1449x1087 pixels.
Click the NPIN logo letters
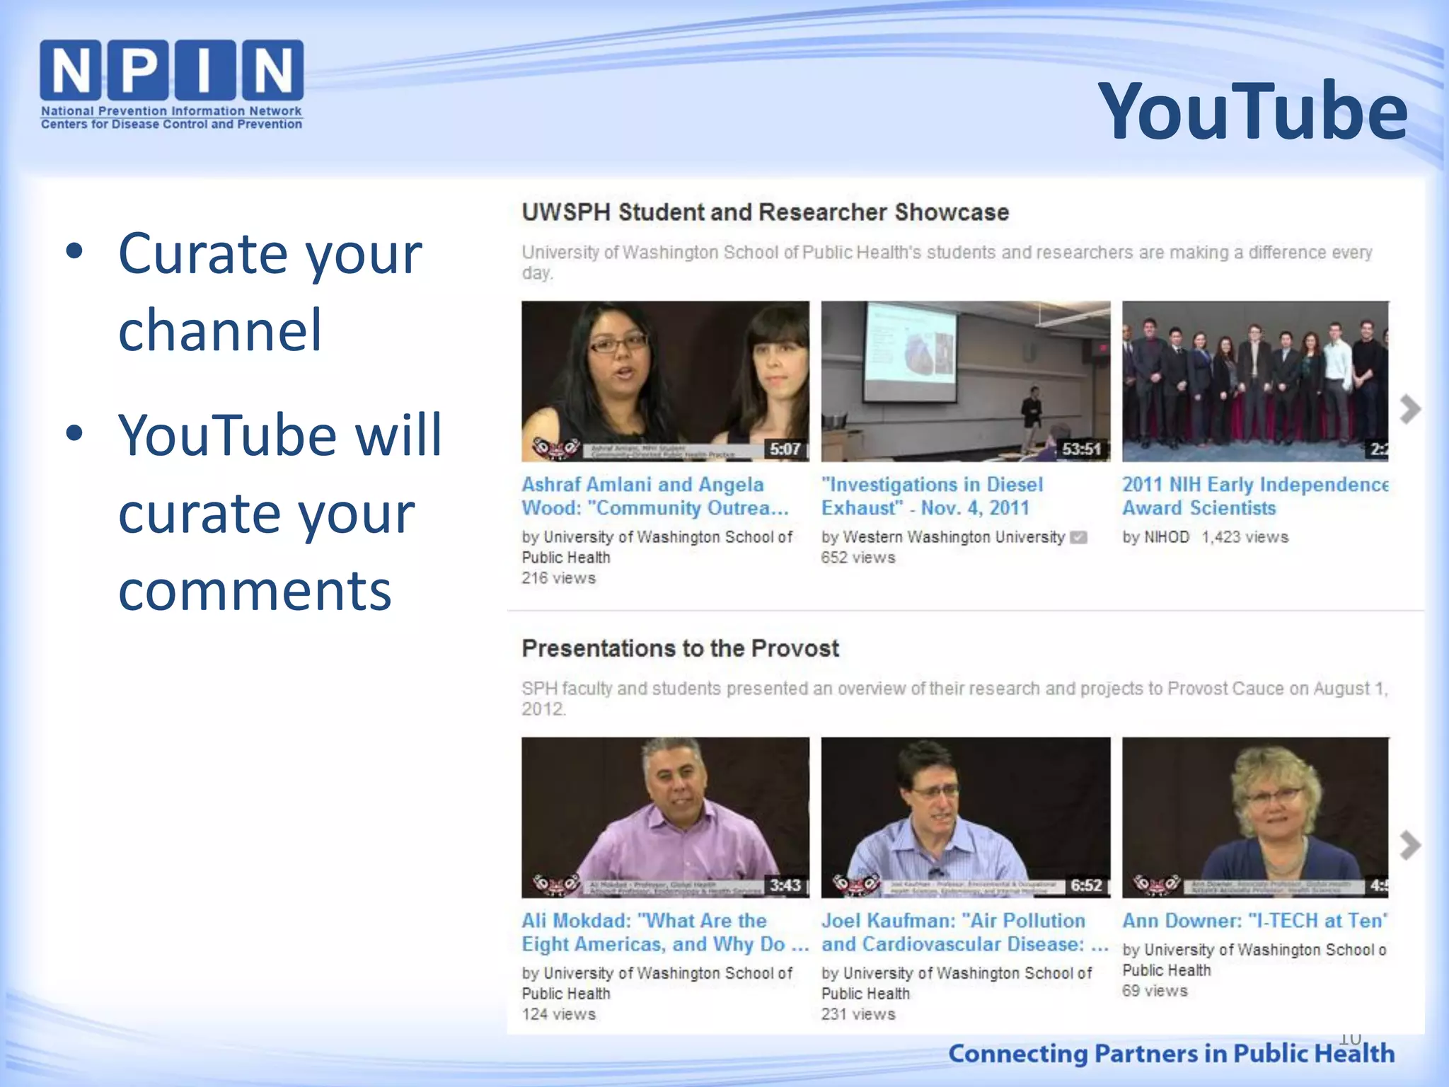171,70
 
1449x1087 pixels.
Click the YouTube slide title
1252,111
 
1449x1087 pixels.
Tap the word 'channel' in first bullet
220,330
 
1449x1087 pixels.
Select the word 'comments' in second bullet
255,590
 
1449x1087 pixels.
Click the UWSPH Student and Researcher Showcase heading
765,212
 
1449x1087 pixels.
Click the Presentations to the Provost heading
680,648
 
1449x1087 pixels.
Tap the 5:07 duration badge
785,449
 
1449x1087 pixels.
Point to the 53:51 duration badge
1081,449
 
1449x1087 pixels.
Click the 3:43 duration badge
785,885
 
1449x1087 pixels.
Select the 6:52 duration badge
1085,885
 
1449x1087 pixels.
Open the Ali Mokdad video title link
664,932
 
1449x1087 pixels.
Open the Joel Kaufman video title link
964,932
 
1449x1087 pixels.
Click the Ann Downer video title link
1254,921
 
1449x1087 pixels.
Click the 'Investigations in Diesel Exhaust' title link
932,496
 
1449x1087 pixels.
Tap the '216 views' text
559,578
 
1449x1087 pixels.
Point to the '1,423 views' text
1245,537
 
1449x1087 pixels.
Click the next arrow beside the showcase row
1409,409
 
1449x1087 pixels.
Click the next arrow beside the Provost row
1409,845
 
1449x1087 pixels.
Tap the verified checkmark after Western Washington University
1078,538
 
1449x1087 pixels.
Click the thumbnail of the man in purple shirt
665,817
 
